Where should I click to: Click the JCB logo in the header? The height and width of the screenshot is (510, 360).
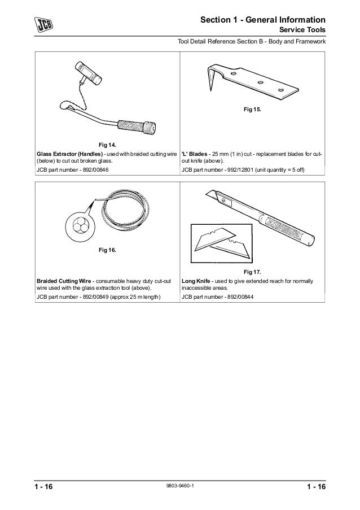pyautogui.click(x=43, y=25)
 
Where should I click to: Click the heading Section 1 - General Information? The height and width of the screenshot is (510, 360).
pyautogui.click(x=263, y=20)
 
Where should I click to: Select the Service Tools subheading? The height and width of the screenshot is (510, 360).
pyautogui.click(x=302, y=30)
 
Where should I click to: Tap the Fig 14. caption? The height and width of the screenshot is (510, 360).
pyautogui.click(x=107, y=145)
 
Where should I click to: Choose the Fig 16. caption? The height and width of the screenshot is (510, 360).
pyautogui.click(x=107, y=249)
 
